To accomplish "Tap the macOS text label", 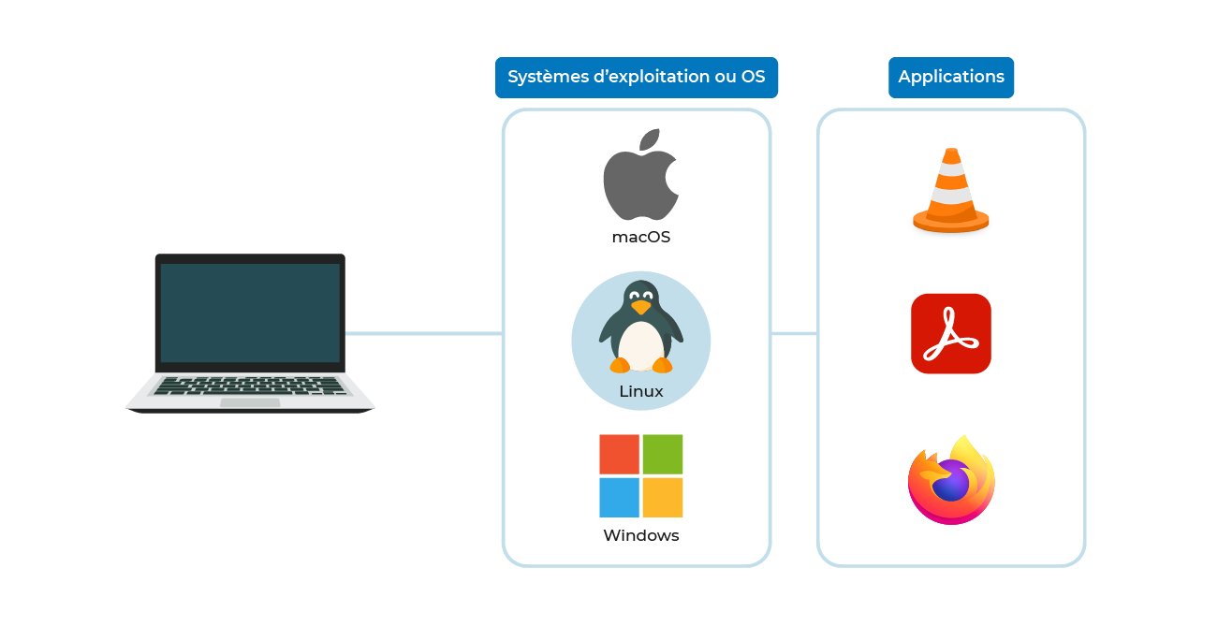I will (x=641, y=237).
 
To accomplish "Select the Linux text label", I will (x=641, y=391).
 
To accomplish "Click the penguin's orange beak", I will (x=640, y=306).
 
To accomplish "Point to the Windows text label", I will (x=641, y=535).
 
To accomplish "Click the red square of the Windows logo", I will (x=619, y=454).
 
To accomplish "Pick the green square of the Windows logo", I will (x=663, y=454).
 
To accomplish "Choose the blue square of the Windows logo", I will (x=619, y=498).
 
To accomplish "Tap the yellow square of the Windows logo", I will (x=663, y=498).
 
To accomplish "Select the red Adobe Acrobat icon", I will (x=951, y=333).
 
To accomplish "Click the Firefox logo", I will (x=951, y=480).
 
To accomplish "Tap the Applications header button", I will (x=951, y=77).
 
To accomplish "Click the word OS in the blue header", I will (x=753, y=77).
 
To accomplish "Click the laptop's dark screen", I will (x=250, y=313).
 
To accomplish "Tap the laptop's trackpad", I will (x=250, y=402).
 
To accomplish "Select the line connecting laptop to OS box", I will (x=424, y=333).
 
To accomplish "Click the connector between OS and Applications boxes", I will (x=794, y=333).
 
